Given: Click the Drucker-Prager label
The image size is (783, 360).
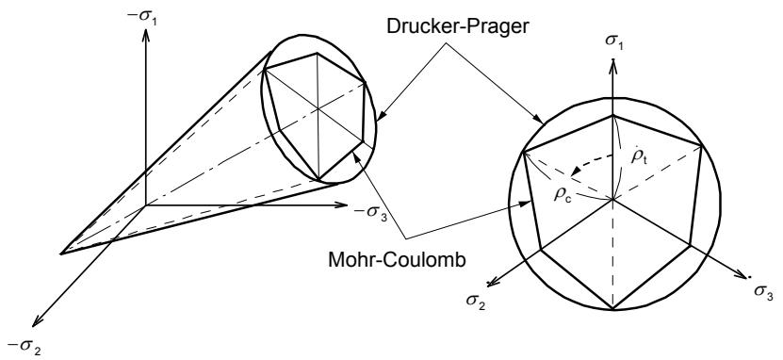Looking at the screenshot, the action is [457, 26].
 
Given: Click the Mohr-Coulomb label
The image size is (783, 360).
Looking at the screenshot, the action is [397, 260].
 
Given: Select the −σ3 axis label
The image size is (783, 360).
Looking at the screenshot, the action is [370, 212].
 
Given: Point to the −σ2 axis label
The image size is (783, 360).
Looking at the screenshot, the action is [24, 345].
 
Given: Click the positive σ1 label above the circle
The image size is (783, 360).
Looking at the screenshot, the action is [615, 41].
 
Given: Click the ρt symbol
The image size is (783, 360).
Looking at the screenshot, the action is [639, 156].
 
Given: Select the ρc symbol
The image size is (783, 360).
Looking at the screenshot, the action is [562, 194].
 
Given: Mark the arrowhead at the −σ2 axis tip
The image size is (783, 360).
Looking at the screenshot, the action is [37, 322].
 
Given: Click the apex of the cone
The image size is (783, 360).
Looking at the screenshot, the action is [60, 254].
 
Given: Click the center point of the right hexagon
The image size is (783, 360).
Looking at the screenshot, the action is [612, 199].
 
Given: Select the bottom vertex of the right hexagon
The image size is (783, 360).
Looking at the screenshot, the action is [612, 309].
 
